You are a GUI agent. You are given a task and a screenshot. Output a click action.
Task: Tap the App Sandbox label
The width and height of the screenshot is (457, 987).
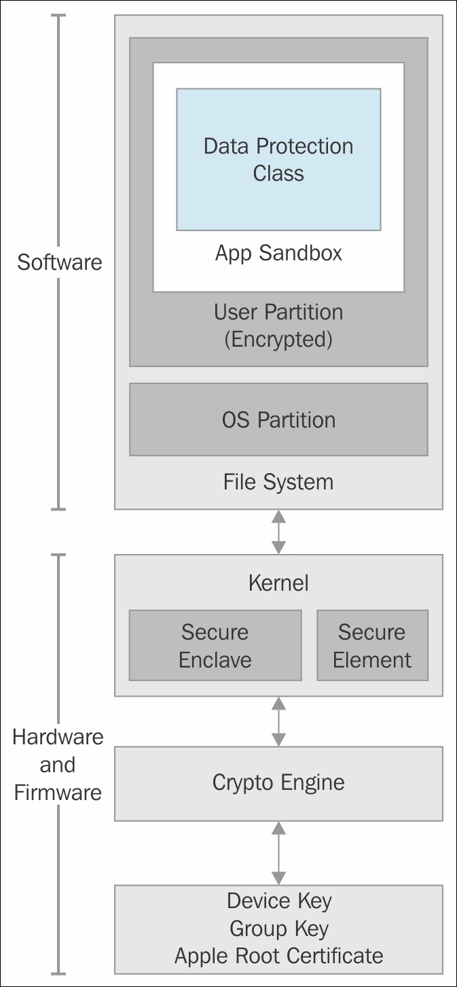(278, 253)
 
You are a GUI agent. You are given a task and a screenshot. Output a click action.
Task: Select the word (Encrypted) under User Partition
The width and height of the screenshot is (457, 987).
(278, 339)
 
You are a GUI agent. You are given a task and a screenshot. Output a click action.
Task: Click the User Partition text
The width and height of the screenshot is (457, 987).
(278, 312)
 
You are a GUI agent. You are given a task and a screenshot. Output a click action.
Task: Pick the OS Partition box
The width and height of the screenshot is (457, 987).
(278, 419)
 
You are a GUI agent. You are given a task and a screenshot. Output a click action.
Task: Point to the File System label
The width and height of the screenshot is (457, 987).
(278, 482)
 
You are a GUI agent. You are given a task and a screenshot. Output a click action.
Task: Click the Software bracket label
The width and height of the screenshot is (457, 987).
(60, 262)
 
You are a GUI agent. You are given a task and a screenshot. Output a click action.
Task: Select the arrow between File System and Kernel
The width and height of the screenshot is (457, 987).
(278, 532)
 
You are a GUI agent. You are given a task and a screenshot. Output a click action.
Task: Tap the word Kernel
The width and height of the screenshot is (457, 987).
(278, 583)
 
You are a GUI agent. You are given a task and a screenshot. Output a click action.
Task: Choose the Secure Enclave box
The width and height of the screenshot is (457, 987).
(215, 646)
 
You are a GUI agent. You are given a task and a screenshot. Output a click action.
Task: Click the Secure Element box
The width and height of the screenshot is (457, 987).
(372, 646)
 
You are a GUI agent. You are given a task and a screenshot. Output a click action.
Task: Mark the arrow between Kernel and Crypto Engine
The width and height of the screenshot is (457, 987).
(278, 721)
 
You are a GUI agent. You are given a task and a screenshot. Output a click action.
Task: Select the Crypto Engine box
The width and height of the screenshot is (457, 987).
(278, 782)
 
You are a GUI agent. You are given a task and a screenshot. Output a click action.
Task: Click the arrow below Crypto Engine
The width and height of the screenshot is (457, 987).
(278, 852)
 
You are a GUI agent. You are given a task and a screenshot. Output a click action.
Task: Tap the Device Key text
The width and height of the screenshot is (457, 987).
(278, 901)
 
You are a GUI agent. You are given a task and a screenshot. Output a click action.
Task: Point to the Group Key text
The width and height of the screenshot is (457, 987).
(278, 928)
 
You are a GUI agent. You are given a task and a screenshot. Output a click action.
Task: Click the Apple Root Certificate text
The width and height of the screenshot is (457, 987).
(278, 956)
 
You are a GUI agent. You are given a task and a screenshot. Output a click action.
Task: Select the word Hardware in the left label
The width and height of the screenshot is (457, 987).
(58, 738)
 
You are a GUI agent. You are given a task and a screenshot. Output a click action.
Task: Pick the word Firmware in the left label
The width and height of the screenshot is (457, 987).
(58, 793)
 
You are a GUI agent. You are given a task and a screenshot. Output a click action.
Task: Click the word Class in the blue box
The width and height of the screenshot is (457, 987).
(278, 173)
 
